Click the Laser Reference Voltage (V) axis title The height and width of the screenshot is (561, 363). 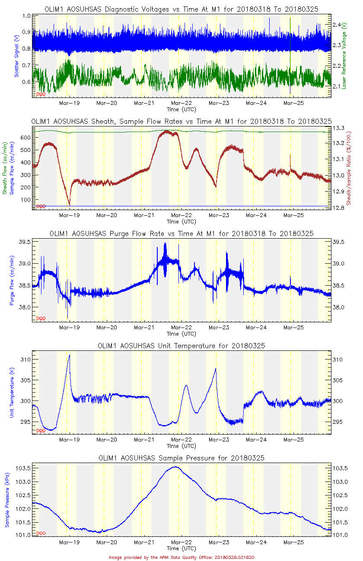344,56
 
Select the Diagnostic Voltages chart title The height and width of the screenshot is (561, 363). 181,9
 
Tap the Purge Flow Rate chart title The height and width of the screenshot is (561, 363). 181,233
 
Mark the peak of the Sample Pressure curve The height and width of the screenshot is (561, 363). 175,466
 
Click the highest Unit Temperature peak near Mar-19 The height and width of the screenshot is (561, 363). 69,355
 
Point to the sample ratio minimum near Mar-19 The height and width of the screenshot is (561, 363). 69,205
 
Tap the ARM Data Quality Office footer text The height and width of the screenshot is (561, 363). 181,557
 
